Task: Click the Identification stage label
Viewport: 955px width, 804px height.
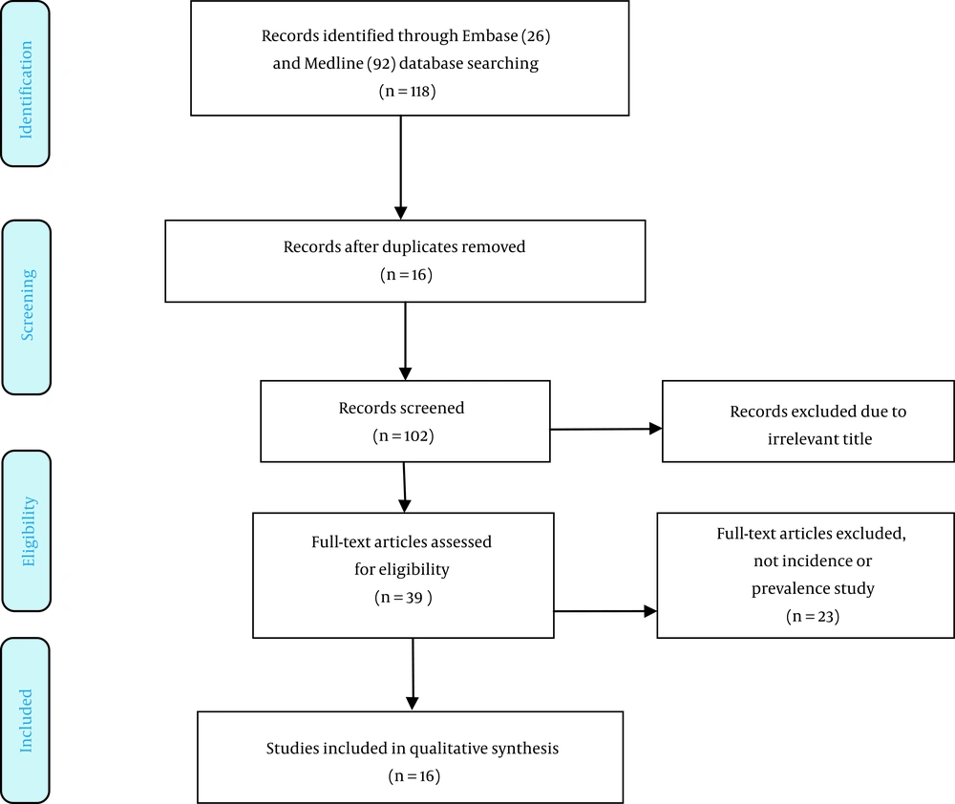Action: pos(26,90)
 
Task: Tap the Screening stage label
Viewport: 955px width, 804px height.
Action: pos(28,305)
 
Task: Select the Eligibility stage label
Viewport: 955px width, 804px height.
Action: pos(28,531)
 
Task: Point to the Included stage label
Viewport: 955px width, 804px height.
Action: pos(26,721)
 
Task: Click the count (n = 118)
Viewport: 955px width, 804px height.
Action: pos(407,92)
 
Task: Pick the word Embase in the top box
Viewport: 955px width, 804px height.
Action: pos(490,36)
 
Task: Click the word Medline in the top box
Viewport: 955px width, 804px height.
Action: pos(333,63)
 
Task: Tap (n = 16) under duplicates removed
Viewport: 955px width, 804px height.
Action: pos(406,275)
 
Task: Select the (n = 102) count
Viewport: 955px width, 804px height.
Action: pos(403,436)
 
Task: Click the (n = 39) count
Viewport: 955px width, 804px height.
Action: pos(403,598)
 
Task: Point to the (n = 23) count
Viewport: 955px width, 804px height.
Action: pos(813,617)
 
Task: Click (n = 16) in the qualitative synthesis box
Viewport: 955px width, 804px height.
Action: pos(414,776)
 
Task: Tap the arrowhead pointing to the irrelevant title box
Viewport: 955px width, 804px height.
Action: pos(655,429)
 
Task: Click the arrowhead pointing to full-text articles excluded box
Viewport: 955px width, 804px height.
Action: pos(650,611)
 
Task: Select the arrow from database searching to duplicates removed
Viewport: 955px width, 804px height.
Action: pos(401,167)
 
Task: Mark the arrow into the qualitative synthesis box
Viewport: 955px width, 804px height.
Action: pos(413,674)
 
